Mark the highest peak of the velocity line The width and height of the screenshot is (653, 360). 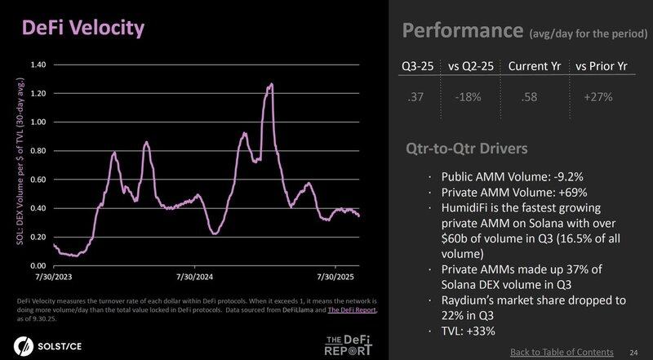[270, 84]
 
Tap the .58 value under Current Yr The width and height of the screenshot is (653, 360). [530, 98]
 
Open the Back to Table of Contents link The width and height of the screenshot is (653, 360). [562, 352]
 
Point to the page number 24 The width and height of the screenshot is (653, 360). [633, 352]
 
